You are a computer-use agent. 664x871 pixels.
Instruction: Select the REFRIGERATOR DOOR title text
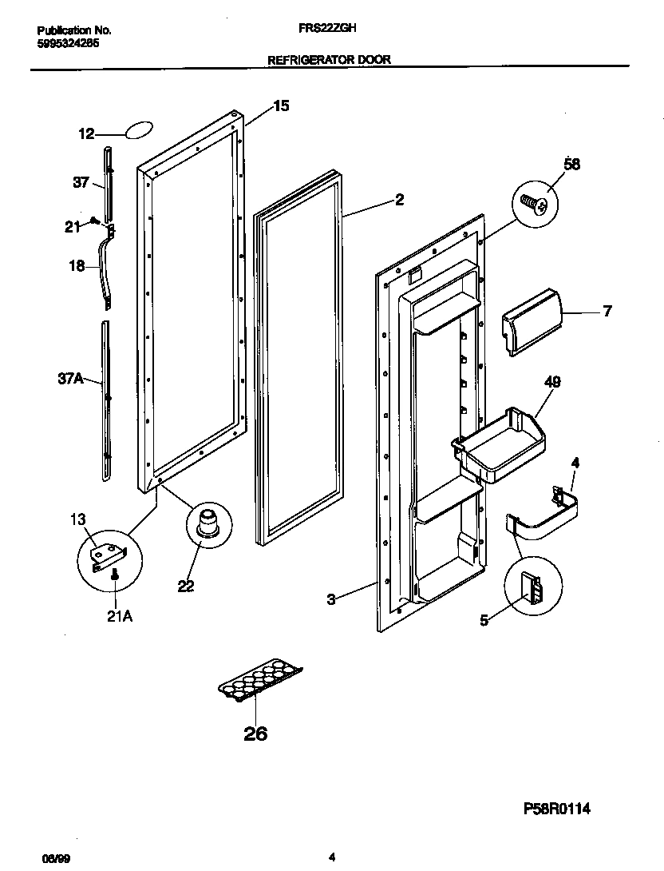[328, 60]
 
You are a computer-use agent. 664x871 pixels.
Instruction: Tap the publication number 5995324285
[68, 45]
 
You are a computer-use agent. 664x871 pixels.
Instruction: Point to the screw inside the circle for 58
[535, 203]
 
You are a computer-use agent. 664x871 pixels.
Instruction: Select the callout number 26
[255, 734]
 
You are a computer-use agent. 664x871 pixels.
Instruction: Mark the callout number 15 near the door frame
[281, 105]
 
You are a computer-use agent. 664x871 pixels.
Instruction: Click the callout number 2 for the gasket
[399, 200]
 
